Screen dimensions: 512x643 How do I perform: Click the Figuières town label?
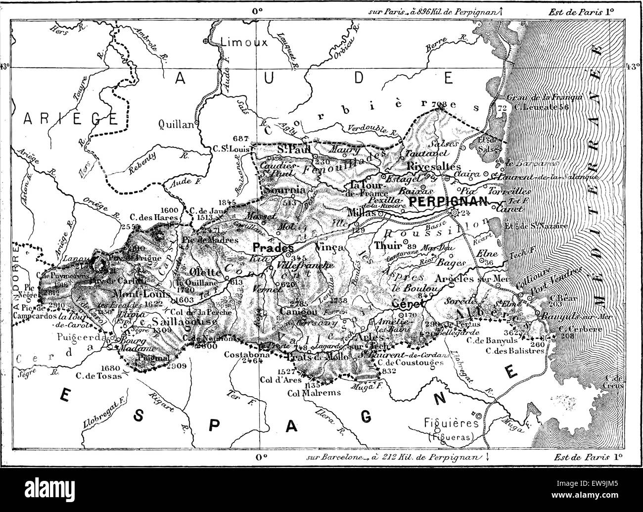point(452,423)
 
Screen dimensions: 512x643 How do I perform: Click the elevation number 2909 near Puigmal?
point(177,367)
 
